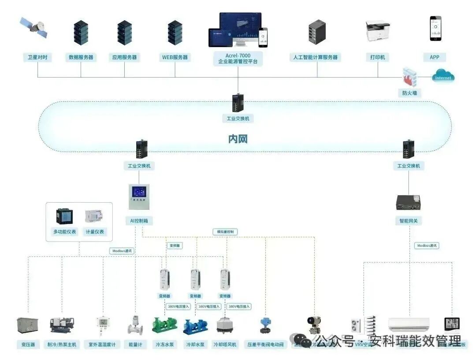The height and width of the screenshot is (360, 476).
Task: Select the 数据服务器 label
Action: click(x=81, y=57)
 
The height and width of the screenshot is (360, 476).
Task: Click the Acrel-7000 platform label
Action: click(x=238, y=58)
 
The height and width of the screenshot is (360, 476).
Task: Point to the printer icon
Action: click(x=377, y=30)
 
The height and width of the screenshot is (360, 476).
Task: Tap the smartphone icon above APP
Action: click(x=435, y=29)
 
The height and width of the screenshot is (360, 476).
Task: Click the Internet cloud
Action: click(x=443, y=77)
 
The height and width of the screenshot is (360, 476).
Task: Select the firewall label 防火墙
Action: click(x=409, y=93)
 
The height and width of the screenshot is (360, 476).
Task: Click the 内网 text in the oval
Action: click(x=238, y=139)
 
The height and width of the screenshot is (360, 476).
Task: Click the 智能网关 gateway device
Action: click(x=409, y=201)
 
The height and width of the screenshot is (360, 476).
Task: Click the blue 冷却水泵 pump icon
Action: click(x=195, y=326)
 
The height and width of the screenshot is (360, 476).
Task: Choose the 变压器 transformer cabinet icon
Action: click(x=27, y=325)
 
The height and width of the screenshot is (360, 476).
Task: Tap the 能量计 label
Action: click(x=135, y=344)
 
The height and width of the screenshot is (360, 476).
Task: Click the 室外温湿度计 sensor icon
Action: click(x=102, y=326)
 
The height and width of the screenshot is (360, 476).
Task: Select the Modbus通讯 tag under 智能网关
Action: click(x=427, y=245)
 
